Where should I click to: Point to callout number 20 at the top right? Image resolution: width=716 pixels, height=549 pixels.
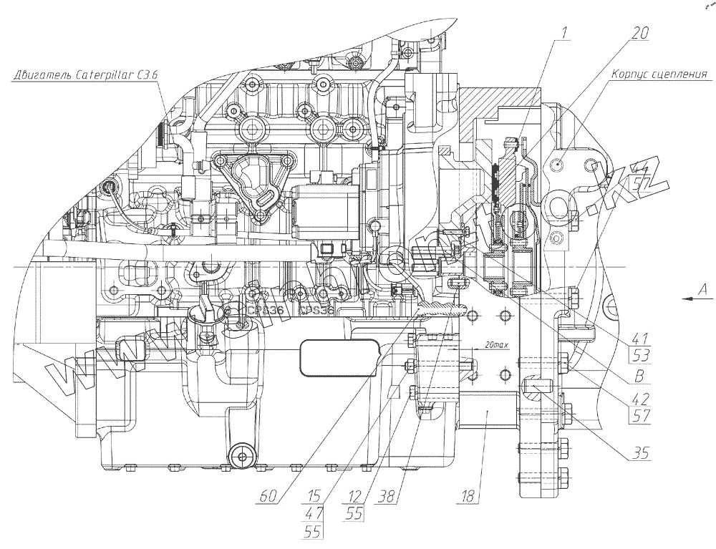click(x=640, y=33)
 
